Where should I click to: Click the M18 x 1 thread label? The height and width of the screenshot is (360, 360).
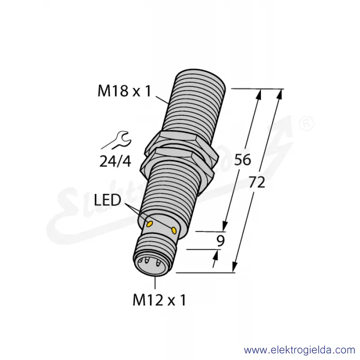coord(125,91)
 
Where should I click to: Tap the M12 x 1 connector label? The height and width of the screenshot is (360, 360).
coord(159,300)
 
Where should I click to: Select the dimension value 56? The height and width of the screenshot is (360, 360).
coord(243,160)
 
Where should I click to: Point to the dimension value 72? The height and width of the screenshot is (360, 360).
coord(257,183)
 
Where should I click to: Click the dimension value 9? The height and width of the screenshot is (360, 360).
coord(220,241)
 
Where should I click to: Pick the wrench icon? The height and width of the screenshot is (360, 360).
coord(117,140)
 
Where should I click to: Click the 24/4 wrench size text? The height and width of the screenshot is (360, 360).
coord(115,161)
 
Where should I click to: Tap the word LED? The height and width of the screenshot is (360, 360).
coord(108,200)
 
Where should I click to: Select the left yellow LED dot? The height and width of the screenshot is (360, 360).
coord(150,223)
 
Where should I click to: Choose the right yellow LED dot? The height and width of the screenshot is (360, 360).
coord(174,230)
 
